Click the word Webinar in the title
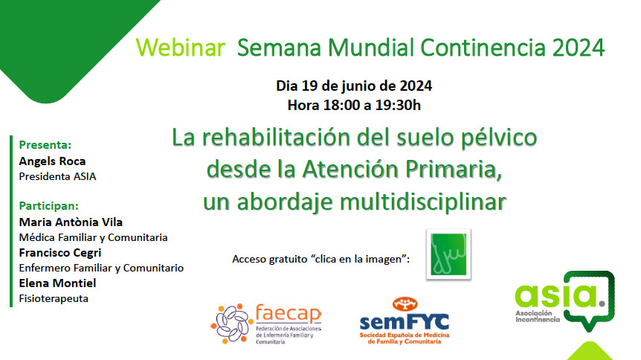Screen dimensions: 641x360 [180, 48]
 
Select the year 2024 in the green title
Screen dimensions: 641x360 [578, 48]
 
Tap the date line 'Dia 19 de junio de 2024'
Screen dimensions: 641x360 [354, 86]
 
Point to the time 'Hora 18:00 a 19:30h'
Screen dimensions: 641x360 [354, 105]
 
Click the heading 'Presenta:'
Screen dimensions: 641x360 [45, 145]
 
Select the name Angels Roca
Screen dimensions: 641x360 [52, 161]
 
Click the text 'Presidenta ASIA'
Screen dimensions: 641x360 [58, 176]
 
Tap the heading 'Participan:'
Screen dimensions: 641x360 [48, 206]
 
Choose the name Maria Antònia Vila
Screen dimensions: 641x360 [71, 222]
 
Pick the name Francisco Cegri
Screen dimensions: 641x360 [60, 253]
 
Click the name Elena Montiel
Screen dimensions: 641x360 [58, 283]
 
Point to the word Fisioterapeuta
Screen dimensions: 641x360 [54, 298]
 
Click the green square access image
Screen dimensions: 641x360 [448, 254]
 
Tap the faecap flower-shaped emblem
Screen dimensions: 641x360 [230, 323]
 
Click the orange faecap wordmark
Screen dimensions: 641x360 [289, 314]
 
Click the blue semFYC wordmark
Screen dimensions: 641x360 [405, 321]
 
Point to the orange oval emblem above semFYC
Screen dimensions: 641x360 [405, 304]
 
